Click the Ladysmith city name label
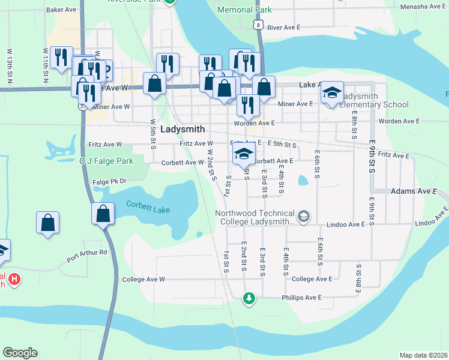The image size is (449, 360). (182, 129)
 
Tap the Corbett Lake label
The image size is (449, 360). (148, 207)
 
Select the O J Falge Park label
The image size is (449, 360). (106, 161)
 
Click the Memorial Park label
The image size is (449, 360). (244, 10)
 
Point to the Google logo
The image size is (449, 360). (20, 353)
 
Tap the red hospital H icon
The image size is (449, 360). (13, 279)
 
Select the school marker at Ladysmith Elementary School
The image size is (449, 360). (331, 93)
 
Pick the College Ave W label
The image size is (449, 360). (143, 280)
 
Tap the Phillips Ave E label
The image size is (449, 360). (303, 298)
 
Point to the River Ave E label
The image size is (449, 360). (283, 28)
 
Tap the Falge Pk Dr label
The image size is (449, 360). (107, 181)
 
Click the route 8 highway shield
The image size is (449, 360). (258, 24)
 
